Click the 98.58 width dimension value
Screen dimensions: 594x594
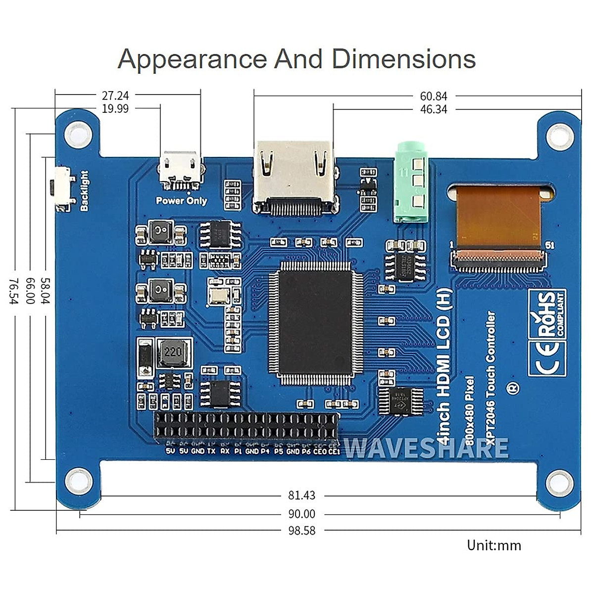(301, 531)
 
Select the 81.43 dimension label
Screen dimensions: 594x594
(301, 495)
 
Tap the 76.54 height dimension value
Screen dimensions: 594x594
(13, 291)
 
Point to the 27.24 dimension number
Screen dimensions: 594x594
(115, 96)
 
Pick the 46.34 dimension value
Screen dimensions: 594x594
(433, 109)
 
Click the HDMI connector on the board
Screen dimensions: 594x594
(295, 178)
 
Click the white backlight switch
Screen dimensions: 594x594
(62, 188)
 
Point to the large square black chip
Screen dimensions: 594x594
(315, 322)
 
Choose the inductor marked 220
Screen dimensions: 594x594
(173, 352)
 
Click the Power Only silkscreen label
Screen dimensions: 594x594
(181, 201)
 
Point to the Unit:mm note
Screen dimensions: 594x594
(494, 545)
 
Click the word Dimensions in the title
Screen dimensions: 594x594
(403, 59)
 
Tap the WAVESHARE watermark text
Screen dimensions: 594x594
(426, 448)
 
